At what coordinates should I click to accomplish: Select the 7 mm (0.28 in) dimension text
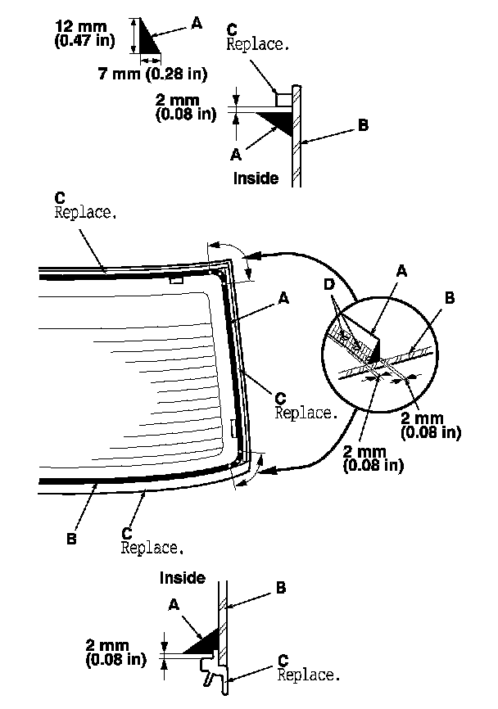[x=152, y=74]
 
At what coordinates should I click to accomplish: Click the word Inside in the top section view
[x=256, y=178]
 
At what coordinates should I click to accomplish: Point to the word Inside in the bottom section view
[x=183, y=578]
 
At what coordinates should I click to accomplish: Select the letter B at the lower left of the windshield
[x=71, y=541]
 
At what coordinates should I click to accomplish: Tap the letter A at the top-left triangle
[x=196, y=24]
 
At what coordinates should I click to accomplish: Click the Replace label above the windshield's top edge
[x=85, y=212]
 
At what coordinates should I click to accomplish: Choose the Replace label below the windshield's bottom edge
[x=152, y=547]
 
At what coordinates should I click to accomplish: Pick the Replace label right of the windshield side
[x=306, y=413]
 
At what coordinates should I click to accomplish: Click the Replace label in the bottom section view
[x=308, y=675]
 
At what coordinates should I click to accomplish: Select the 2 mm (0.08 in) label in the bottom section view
[x=115, y=651]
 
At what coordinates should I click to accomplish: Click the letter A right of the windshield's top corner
[x=283, y=300]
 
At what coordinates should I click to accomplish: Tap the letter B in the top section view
[x=363, y=125]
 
